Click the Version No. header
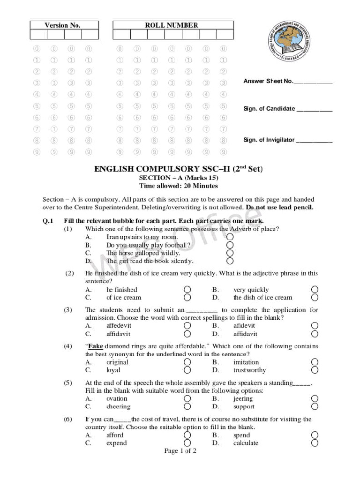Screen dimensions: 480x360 62,25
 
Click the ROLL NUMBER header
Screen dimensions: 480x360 171,25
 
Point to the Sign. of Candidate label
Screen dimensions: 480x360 269,109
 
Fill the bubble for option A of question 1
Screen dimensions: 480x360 230,237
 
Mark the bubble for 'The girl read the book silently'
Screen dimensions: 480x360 230,261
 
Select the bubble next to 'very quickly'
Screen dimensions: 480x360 315,289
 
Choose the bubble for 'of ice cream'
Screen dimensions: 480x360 187,297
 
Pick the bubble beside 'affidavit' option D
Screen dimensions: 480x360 315,334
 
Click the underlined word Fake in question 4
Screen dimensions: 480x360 95,346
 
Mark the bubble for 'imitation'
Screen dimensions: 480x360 315,362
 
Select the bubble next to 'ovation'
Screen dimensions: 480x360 187,398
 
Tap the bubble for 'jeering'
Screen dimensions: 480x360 315,398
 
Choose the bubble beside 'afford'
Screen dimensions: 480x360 187,435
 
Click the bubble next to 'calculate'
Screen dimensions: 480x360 315,443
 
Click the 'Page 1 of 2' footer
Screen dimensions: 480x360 180,451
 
